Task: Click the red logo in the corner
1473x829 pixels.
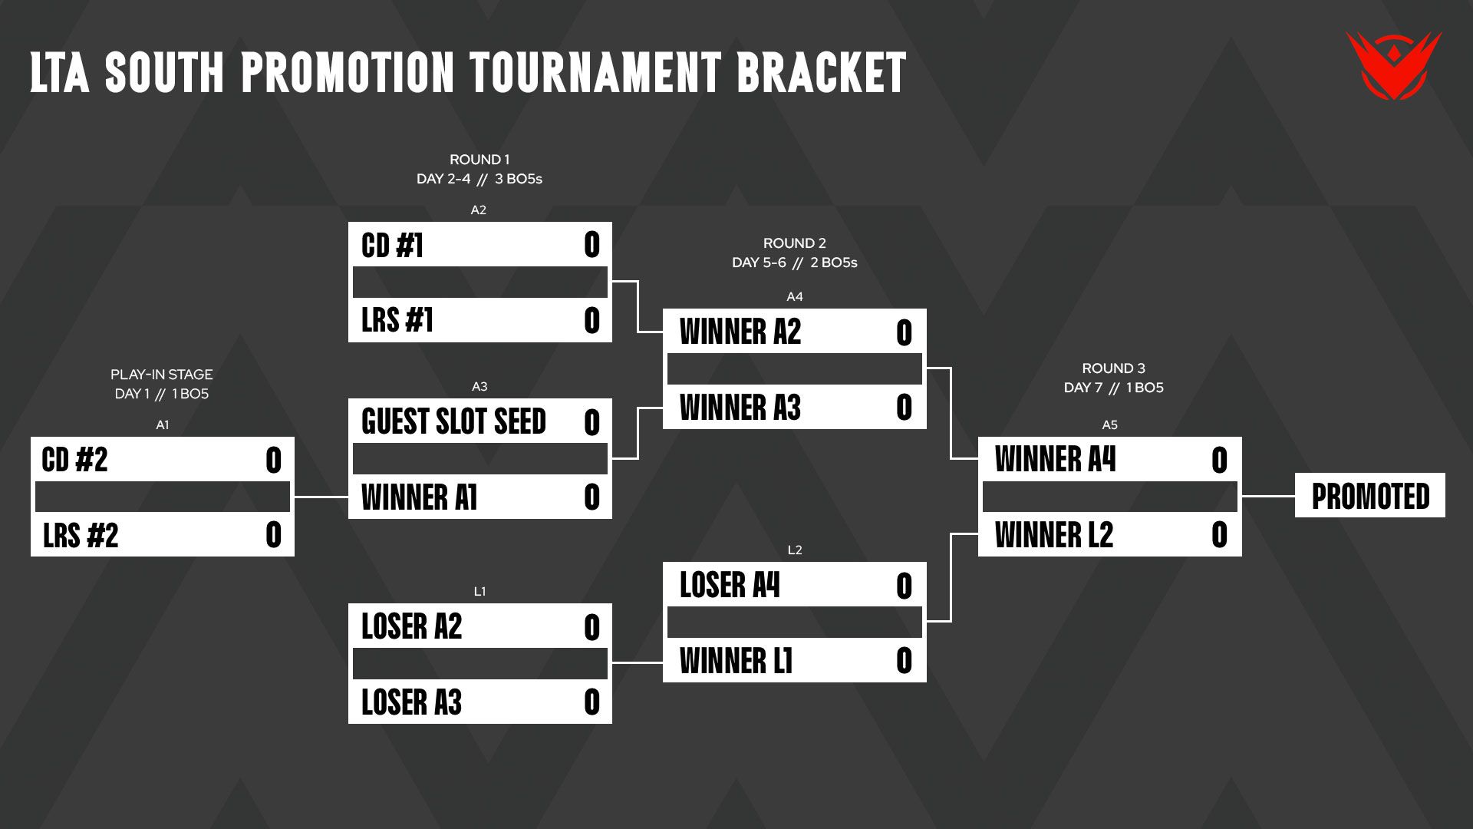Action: pos(1394,66)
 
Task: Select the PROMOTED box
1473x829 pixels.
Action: pos(1370,496)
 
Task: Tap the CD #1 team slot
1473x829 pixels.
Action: pos(480,245)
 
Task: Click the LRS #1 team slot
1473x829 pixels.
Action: pos(480,320)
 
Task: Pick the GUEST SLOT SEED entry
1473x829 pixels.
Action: pos(480,421)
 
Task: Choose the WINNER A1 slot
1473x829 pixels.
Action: pos(480,497)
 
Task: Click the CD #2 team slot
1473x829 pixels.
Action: pos(163,460)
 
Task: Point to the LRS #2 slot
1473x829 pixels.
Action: pos(163,534)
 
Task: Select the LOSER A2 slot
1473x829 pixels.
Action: pos(480,626)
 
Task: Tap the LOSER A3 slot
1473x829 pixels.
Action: pos(480,702)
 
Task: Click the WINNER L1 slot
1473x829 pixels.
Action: pos(795,660)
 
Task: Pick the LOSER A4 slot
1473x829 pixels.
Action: pos(795,585)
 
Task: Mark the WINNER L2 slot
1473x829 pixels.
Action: pos(1110,534)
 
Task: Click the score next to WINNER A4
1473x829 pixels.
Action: pos(1219,461)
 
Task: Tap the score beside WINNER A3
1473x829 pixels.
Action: pos(904,408)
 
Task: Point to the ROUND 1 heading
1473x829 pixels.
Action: pos(479,160)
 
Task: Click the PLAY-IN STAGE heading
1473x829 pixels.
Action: pos(162,375)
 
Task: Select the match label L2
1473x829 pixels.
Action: pos(795,550)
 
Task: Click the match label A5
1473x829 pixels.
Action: pos(1110,424)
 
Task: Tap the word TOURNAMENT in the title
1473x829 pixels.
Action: pos(595,73)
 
